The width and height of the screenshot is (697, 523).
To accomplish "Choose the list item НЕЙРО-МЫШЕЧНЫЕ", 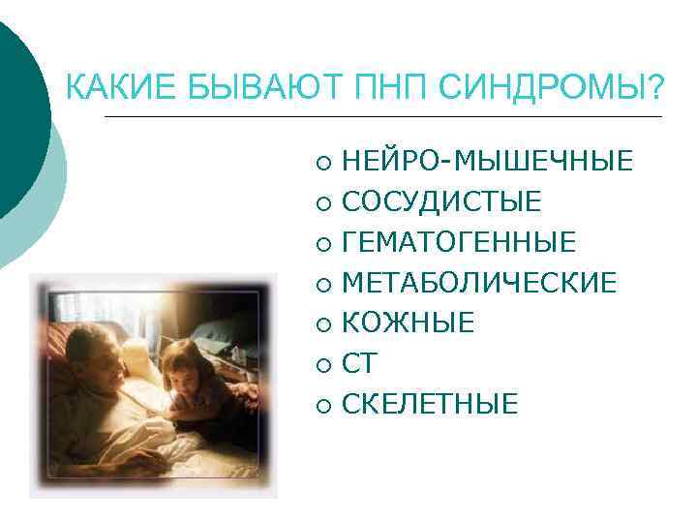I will [x=487, y=161].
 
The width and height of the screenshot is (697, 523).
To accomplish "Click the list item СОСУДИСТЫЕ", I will [x=441, y=201].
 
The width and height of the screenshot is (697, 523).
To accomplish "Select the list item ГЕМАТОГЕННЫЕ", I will [x=459, y=242].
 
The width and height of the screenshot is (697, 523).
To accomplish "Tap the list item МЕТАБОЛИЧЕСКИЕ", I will [x=479, y=282].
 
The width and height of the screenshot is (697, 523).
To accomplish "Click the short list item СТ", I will [x=359, y=363].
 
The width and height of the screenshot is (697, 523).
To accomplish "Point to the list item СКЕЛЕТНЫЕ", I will [x=430, y=403].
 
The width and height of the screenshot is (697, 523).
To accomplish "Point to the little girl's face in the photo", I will [x=181, y=373].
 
